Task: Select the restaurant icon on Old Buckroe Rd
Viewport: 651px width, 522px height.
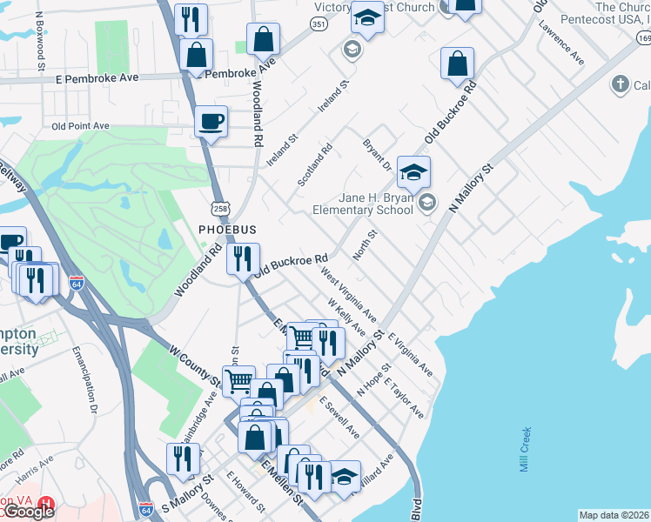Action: click(243, 258)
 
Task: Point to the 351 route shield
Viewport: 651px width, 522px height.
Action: click(319, 24)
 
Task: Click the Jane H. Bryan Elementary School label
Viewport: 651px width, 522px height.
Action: click(363, 204)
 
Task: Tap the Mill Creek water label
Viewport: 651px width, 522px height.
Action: click(525, 449)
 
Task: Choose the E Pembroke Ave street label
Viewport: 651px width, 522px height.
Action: click(96, 78)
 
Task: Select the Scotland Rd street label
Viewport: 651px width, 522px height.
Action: click(315, 164)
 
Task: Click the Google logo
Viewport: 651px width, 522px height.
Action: click(28, 512)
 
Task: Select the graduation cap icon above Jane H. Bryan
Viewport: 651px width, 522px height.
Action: click(414, 171)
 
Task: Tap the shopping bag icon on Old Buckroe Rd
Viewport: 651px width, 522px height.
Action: click(457, 64)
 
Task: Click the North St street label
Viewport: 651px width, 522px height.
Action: click(364, 245)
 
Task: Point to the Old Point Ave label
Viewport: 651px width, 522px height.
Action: click(80, 126)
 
